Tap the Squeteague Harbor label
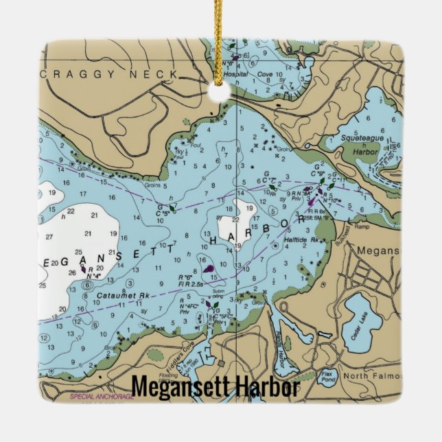(x=361, y=144)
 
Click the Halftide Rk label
(x=307, y=240)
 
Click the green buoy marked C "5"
(x=172, y=206)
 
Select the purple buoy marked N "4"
(x=83, y=270)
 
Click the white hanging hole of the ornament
(x=221, y=94)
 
